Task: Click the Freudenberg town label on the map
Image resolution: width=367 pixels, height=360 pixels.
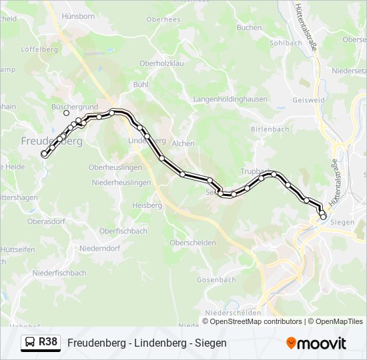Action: click(x=52, y=141)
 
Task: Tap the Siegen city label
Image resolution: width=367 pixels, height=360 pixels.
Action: click(x=342, y=221)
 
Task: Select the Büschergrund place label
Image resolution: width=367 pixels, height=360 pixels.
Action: click(x=75, y=106)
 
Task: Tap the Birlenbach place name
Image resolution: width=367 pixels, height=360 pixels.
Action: click(x=271, y=128)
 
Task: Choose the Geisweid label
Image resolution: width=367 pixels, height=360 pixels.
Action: click(x=308, y=101)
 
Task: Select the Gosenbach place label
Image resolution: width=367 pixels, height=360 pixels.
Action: click(x=216, y=279)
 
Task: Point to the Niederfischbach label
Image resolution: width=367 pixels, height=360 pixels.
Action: click(x=59, y=273)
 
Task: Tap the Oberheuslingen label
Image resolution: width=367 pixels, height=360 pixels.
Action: click(x=115, y=167)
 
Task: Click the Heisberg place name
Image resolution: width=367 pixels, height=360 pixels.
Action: click(x=147, y=205)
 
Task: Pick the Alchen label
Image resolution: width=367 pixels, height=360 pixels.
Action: click(x=183, y=143)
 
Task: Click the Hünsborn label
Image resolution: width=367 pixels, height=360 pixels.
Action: click(x=77, y=15)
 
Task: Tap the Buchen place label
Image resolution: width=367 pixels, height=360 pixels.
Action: click(x=249, y=27)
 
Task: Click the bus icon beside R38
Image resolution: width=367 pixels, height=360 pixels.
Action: click(x=30, y=343)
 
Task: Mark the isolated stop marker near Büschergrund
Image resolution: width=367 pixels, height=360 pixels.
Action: click(x=66, y=113)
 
